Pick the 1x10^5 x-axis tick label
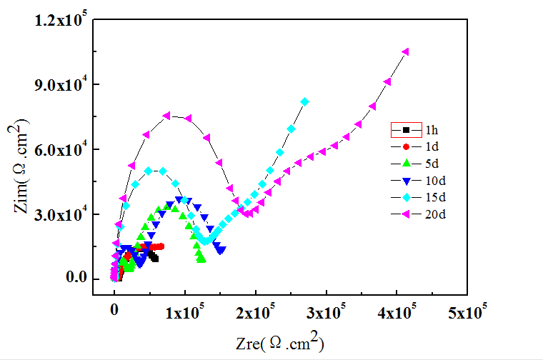185,312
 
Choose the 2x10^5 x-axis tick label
256,312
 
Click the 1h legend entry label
432,130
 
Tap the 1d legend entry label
432,146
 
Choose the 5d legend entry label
432,163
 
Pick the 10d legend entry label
434,180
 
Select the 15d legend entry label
434,196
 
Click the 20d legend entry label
434,213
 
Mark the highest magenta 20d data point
406,51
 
